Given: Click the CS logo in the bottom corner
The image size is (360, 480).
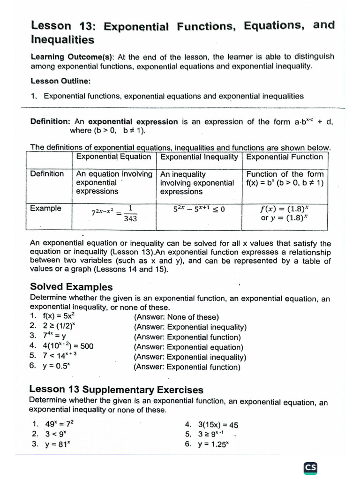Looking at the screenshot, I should coord(310,467).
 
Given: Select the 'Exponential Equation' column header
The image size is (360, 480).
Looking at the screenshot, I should coord(113,157).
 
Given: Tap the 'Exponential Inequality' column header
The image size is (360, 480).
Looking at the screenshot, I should coord(199,157).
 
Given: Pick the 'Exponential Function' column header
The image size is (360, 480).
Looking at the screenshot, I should coord(285,157).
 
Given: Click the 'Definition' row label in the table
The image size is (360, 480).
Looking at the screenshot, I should coord(47,174).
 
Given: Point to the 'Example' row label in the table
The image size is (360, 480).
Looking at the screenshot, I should coord(45,208).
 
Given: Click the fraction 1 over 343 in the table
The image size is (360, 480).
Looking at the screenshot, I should coord(130,213).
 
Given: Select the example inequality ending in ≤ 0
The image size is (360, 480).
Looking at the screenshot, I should coord(199,209).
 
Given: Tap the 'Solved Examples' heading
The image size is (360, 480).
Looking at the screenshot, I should coord(71,287).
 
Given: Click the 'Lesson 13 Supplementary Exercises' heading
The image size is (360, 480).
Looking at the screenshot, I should coord(116,390).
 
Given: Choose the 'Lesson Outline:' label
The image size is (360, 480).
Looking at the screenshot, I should coord(60,81).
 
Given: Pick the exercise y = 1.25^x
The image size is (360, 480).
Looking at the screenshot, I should coord(213,445).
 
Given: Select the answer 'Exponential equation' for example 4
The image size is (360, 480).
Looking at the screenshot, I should coord(188,347).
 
